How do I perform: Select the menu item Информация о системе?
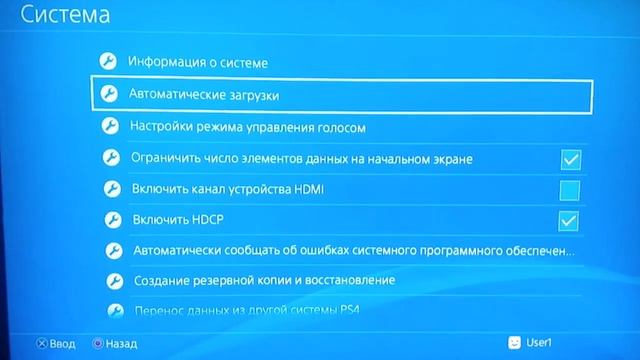click(x=197, y=62)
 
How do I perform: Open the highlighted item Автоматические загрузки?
click(x=204, y=94)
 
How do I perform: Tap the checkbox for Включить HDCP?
click(x=570, y=220)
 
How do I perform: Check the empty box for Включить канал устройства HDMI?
click(x=570, y=189)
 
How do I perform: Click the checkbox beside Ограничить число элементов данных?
click(x=570, y=159)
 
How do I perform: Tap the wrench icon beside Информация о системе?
click(x=109, y=62)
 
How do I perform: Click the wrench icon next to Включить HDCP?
click(x=112, y=219)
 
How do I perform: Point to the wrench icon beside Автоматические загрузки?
click(x=109, y=94)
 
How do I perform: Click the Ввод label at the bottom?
click(x=62, y=343)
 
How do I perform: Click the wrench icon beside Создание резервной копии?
click(x=112, y=280)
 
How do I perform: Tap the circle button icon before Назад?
click(x=97, y=343)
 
